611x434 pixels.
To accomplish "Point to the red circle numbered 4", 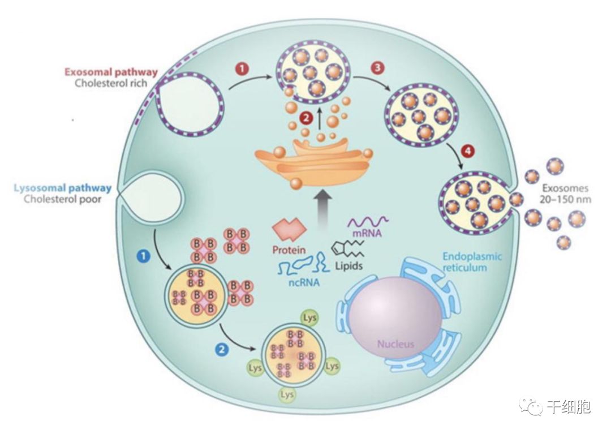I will (467, 151).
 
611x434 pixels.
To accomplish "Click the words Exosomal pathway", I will (111, 72).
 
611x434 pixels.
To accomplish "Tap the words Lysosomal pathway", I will (63, 188).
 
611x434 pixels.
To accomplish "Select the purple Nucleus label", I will (396, 343).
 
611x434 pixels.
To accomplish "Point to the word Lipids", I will (348, 265).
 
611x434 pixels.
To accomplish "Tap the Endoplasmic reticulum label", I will (471, 261).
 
